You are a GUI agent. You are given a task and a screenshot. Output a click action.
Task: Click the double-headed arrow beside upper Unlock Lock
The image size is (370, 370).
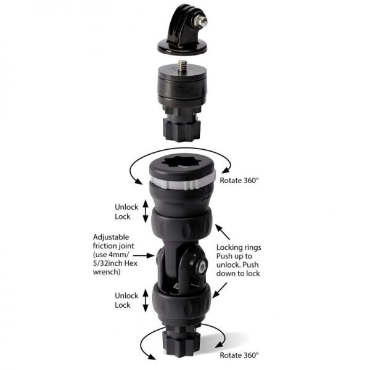click(146, 212)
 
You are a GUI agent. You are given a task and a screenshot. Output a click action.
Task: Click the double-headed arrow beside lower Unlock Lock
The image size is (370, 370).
click(146, 300)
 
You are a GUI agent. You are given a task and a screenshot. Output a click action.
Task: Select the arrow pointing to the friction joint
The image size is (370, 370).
click(150, 253)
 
